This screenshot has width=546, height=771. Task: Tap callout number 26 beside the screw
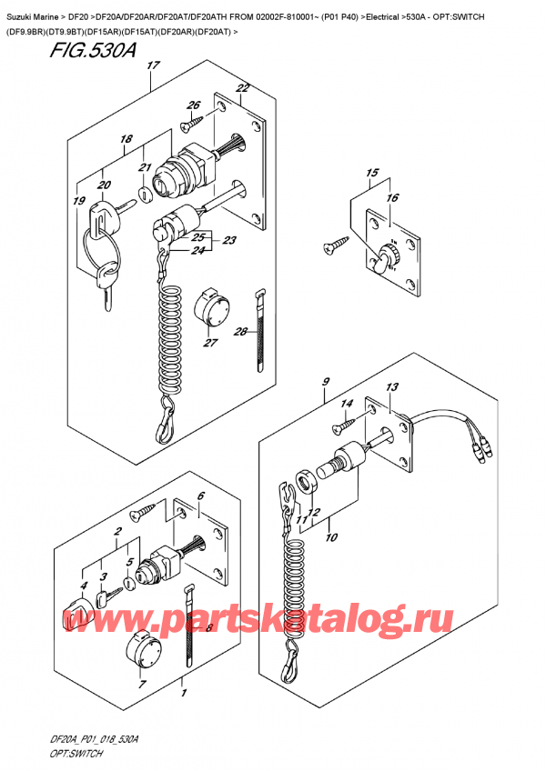click(x=194, y=105)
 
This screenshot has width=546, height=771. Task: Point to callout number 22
click(x=242, y=88)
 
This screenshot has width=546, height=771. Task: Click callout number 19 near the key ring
click(x=79, y=203)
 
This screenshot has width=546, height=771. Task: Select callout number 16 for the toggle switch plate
click(x=392, y=197)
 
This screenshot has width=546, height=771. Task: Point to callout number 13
click(x=392, y=388)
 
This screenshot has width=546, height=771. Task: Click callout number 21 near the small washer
click(x=144, y=167)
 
